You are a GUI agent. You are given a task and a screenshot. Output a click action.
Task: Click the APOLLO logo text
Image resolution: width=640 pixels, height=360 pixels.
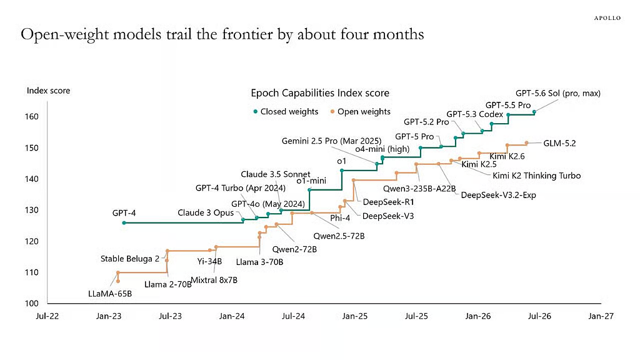[x=607, y=18]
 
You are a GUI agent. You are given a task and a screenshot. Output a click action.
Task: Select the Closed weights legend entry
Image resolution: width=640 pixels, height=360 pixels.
[x=286, y=111]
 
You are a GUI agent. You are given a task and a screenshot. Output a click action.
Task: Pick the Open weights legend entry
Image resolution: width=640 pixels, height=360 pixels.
[x=361, y=111]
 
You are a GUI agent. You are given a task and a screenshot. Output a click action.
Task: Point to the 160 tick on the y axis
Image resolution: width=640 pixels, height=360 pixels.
[x=31, y=117]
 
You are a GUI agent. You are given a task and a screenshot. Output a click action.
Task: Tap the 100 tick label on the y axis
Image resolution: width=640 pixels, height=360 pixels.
[x=31, y=303]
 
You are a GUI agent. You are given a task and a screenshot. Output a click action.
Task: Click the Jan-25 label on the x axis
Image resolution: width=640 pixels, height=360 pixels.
[x=355, y=316]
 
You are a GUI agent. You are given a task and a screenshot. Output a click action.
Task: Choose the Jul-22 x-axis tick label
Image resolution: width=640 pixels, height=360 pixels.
[x=47, y=316]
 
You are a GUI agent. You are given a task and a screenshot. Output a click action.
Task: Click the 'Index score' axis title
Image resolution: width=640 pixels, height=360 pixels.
[x=48, y=91]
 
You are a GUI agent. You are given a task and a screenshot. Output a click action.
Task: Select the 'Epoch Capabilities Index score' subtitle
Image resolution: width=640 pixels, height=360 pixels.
[x=320, y=93]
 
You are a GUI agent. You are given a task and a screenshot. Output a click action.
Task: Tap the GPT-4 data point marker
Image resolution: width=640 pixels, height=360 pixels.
[x=124, y=223]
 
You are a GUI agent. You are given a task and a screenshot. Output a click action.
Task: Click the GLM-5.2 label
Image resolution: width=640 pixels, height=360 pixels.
[x=559, y=143]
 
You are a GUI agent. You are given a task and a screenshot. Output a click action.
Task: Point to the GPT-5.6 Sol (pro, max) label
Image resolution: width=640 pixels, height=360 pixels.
[x=558, y=94]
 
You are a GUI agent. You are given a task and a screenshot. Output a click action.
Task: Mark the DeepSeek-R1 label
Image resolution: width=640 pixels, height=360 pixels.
[x=388, y=202]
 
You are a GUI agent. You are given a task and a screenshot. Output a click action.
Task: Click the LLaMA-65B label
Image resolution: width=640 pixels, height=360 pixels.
[x=110, y=294]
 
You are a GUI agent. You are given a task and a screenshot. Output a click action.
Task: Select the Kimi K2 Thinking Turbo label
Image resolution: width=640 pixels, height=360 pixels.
[x=536, y=176]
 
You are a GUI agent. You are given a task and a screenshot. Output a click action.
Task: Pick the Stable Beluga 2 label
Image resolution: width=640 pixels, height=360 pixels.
[x=130, y=259]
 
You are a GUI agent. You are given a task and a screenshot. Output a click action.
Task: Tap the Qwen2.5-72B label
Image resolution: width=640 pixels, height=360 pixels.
[x=339, y=236]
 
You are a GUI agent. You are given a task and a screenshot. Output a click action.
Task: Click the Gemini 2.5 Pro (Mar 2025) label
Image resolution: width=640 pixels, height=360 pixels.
[x=331, y=141]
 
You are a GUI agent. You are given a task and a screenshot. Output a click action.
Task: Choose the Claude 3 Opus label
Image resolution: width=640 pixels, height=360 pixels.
[x=206, y=213]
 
